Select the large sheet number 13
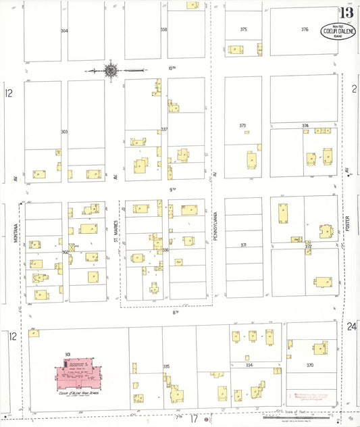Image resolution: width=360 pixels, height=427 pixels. click(347, 13)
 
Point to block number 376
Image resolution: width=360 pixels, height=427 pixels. click(305, 30)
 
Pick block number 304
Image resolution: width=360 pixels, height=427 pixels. click(64, 31)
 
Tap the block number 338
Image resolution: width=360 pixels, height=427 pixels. click(163, 30)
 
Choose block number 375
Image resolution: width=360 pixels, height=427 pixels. click(243, 30)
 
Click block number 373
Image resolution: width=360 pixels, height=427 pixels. click(242, 126)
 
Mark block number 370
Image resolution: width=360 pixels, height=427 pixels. click(310, 365)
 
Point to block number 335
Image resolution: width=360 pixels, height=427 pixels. click(165, 366)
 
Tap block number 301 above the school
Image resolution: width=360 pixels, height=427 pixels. click(68, 354)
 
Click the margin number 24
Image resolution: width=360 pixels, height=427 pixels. click(351, 327)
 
